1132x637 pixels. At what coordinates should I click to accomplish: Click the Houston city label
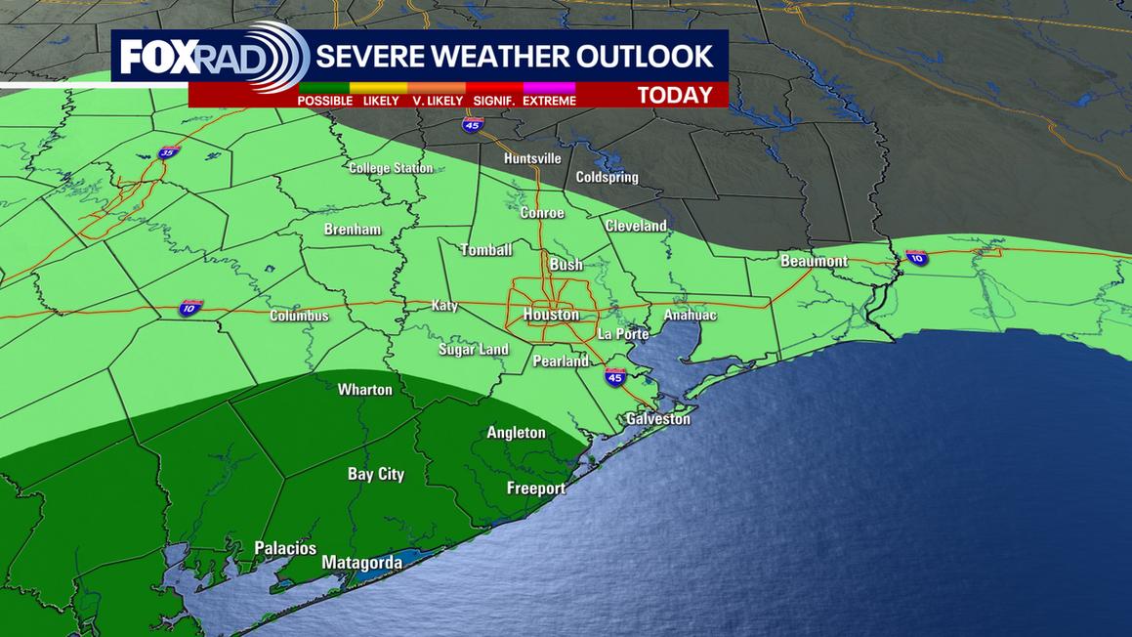coord(551,315)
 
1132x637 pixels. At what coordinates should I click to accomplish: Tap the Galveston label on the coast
coord(658,419)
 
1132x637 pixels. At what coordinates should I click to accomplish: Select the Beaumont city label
coord(814,262)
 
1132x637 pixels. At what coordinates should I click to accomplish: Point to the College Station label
coord(391,168)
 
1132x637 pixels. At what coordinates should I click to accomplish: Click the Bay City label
coord(376,475)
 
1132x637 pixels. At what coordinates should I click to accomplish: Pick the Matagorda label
coord(362,563)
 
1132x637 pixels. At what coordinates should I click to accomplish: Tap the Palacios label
coord(285,548)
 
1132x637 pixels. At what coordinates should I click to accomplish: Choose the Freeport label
coord(536,488)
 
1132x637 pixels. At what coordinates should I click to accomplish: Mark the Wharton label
coord(365,390)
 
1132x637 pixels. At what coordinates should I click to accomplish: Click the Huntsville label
coord(532,158)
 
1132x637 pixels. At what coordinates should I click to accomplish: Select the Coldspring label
coord(607,177)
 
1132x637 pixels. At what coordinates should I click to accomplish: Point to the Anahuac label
coord(691,316)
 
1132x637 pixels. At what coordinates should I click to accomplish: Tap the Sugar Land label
coord(474,350)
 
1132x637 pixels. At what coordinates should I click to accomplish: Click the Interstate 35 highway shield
coord(168,154)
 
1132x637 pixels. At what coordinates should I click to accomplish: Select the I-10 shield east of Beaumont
coord(916,258)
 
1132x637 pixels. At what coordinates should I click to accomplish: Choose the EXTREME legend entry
coord(549,101)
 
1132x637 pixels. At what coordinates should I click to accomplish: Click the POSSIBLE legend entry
coord(325,101)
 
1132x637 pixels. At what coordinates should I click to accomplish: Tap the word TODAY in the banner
coord(675,96)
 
